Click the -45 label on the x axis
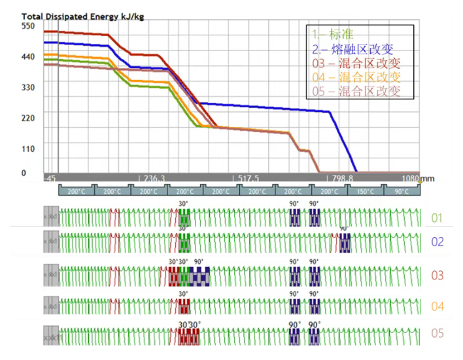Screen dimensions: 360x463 (x=50, y=178)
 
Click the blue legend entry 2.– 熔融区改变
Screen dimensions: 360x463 (x=353, y=49)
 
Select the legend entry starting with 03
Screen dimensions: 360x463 (x=356, y=63)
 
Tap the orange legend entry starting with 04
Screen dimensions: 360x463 (x=356, y=77)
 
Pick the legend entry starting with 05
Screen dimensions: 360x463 (x=356, y=91)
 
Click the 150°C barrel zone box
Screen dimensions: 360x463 (x=366, y=192)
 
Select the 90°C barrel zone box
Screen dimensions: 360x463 (x=402, y=192)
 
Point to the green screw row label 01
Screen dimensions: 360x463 (x=438, y=217)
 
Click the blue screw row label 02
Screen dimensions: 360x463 (x=438, y=242)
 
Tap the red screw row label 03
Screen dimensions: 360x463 (x=438, y=276)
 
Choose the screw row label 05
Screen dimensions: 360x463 (x=438, y=334)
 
